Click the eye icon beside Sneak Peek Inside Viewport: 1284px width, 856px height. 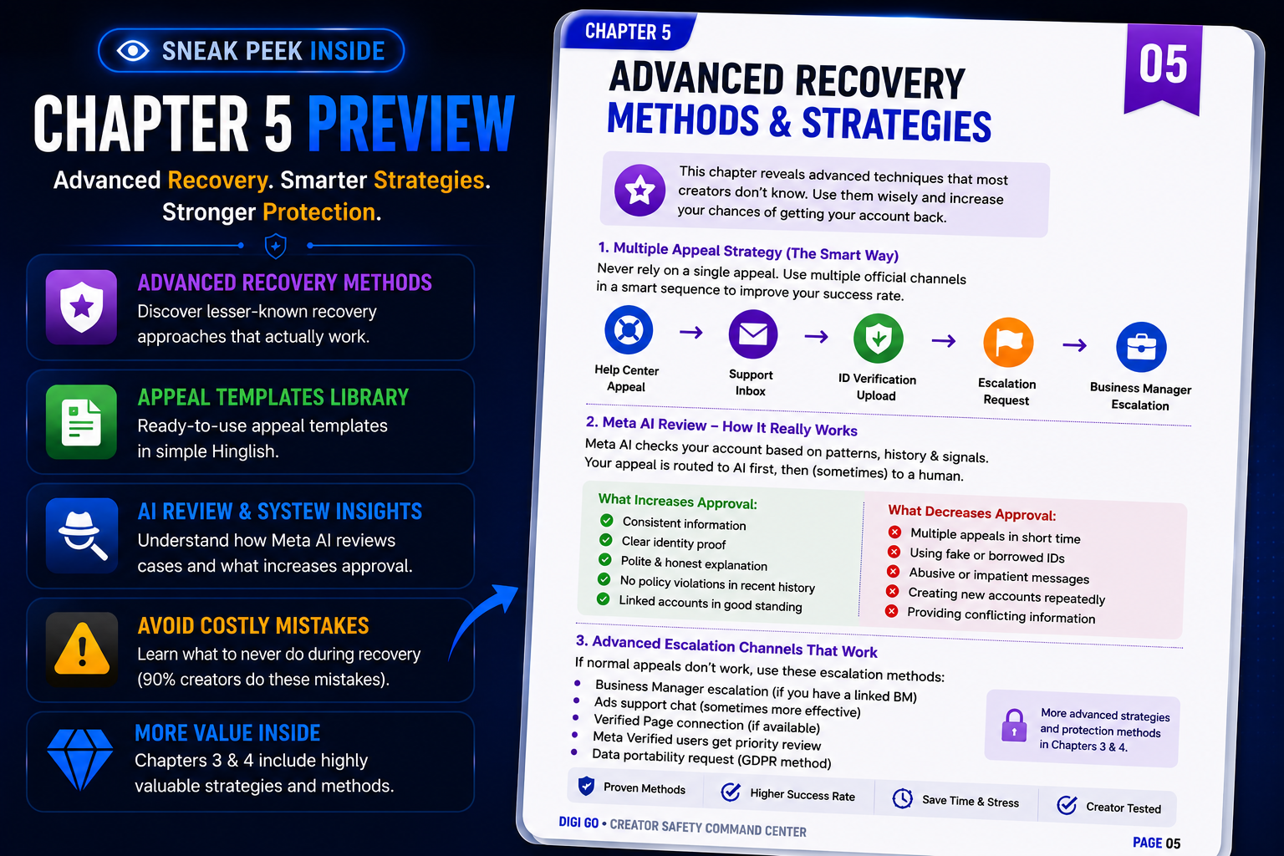[x=133, y=51]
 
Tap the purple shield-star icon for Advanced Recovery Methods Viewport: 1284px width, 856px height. [x=81, y=308]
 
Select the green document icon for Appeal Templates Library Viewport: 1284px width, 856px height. [x=81, y=421]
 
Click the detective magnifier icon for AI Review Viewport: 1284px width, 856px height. [x=81, y=536]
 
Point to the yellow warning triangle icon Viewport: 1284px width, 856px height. [x=81, y=649]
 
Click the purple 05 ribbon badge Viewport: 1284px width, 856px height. [x=1163, y=69]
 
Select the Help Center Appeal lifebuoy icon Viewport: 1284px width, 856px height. [x=629, y=329]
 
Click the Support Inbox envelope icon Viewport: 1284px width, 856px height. [x=752, y=334]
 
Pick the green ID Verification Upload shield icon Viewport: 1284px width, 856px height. [x=879, y=339]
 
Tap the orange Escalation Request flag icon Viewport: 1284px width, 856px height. [x=1008, y=342]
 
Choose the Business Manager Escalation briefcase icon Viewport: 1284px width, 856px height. [x=1141, y=347]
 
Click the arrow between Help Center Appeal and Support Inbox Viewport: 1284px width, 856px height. [x=690, y=332]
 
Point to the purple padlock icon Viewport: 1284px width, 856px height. [x=1013, y=726]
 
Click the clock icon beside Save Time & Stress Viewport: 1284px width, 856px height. [x=902, y=798]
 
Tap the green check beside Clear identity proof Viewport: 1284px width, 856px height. [x=605, y=540]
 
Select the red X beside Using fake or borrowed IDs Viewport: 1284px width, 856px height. [x=894, y=552]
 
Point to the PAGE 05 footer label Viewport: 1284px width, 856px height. [x=1156, y=843]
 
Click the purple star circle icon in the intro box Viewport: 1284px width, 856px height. [x=639, y=191]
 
